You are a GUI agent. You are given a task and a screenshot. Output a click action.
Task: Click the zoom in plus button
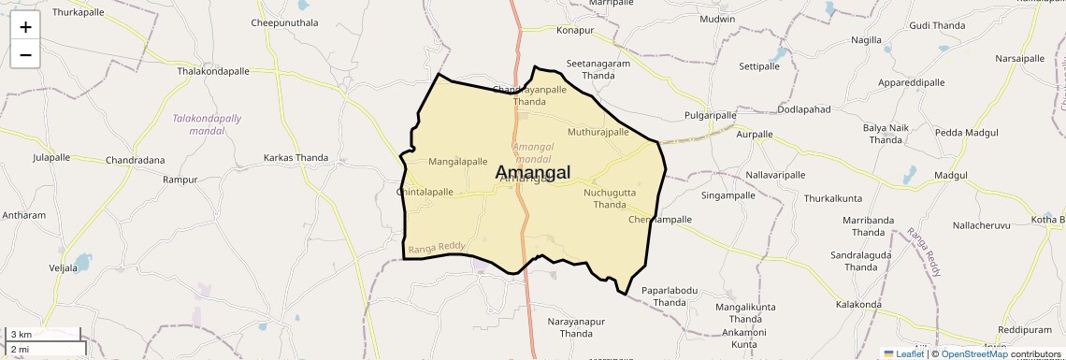pos(25,27)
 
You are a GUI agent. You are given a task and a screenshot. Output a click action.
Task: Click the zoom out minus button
pos(25,55)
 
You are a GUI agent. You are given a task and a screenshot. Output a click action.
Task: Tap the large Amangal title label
pos(532,173)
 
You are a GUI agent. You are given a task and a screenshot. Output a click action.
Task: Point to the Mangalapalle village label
pos(457,162)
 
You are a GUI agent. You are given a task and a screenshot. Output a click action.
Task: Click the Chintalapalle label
pos(425,192)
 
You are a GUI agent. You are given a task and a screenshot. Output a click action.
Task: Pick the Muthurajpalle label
pos(598,132)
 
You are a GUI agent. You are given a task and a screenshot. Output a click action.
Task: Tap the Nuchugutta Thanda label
pos(609,198)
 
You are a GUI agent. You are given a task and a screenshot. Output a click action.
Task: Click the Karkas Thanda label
pos(295,158)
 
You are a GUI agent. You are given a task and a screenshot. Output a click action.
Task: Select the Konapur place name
pos(575,31)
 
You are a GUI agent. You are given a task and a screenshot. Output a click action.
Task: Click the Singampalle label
pos(727,196)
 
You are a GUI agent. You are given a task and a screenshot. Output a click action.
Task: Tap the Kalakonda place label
pos(858,305)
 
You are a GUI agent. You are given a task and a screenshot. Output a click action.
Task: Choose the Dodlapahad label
pos(804,109)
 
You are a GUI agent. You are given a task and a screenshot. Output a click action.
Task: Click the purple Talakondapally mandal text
pos(207,124)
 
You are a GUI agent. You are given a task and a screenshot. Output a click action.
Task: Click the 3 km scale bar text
pos(21,335)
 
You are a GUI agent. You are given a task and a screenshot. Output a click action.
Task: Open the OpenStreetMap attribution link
pos(974,353)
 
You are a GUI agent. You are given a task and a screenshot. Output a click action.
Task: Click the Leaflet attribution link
pos(909,353)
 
